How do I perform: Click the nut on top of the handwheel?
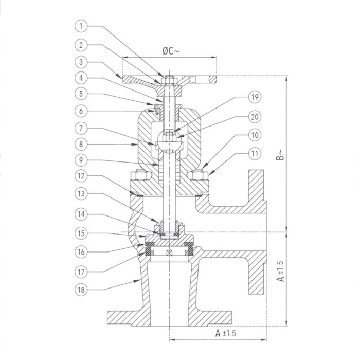pyautogui.click(x=169, y=79)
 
